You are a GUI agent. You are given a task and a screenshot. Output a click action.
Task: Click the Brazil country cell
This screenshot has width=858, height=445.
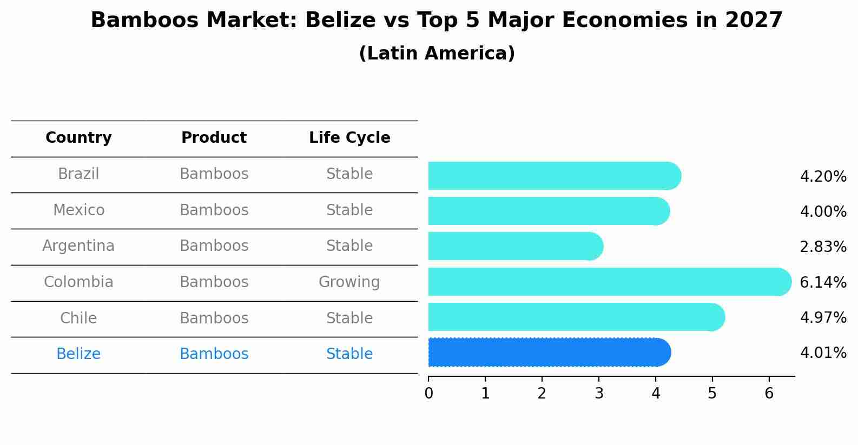(78, 174)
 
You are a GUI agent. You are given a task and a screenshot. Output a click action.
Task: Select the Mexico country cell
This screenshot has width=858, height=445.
(78, 210)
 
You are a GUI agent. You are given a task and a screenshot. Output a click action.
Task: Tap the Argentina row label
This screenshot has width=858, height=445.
(78, 246)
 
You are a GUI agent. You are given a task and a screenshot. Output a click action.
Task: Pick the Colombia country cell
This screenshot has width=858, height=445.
(78, 282)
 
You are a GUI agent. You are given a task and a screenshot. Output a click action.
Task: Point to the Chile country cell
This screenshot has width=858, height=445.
(78, 318)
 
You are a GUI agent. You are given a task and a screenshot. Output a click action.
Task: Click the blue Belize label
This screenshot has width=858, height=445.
(78, 354)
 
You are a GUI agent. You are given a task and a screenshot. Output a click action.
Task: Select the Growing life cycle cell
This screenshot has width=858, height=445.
(349, 282)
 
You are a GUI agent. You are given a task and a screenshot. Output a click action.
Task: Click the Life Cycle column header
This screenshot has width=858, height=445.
(349, 138)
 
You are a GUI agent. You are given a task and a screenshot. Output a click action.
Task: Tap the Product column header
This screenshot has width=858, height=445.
(214, 138)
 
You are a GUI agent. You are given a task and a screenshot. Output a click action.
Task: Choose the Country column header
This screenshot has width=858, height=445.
(78, 138)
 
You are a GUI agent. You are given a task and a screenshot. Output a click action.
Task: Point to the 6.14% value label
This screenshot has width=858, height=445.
(823, 282)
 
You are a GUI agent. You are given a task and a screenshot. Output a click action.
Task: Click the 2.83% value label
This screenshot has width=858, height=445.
(823, 247)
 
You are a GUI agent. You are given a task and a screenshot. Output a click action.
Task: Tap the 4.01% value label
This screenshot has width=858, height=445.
(823, 353)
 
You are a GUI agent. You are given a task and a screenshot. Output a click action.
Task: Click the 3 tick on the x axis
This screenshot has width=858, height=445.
(599, 394)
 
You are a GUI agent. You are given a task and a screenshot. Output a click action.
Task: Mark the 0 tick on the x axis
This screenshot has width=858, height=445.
(428, 394)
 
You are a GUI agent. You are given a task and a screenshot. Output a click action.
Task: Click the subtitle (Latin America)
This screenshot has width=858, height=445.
(437, 54)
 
